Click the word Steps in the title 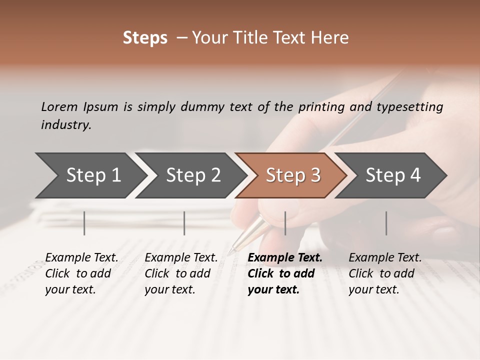coord(145,38)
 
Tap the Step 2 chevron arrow coord(190,175)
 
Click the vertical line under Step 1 coord(84,223)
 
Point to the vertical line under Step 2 coord(184,223)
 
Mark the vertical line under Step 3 coord(285,223)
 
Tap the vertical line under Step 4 coord(386,223)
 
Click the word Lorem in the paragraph coord(59,107)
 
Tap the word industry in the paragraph coord(65,125)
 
